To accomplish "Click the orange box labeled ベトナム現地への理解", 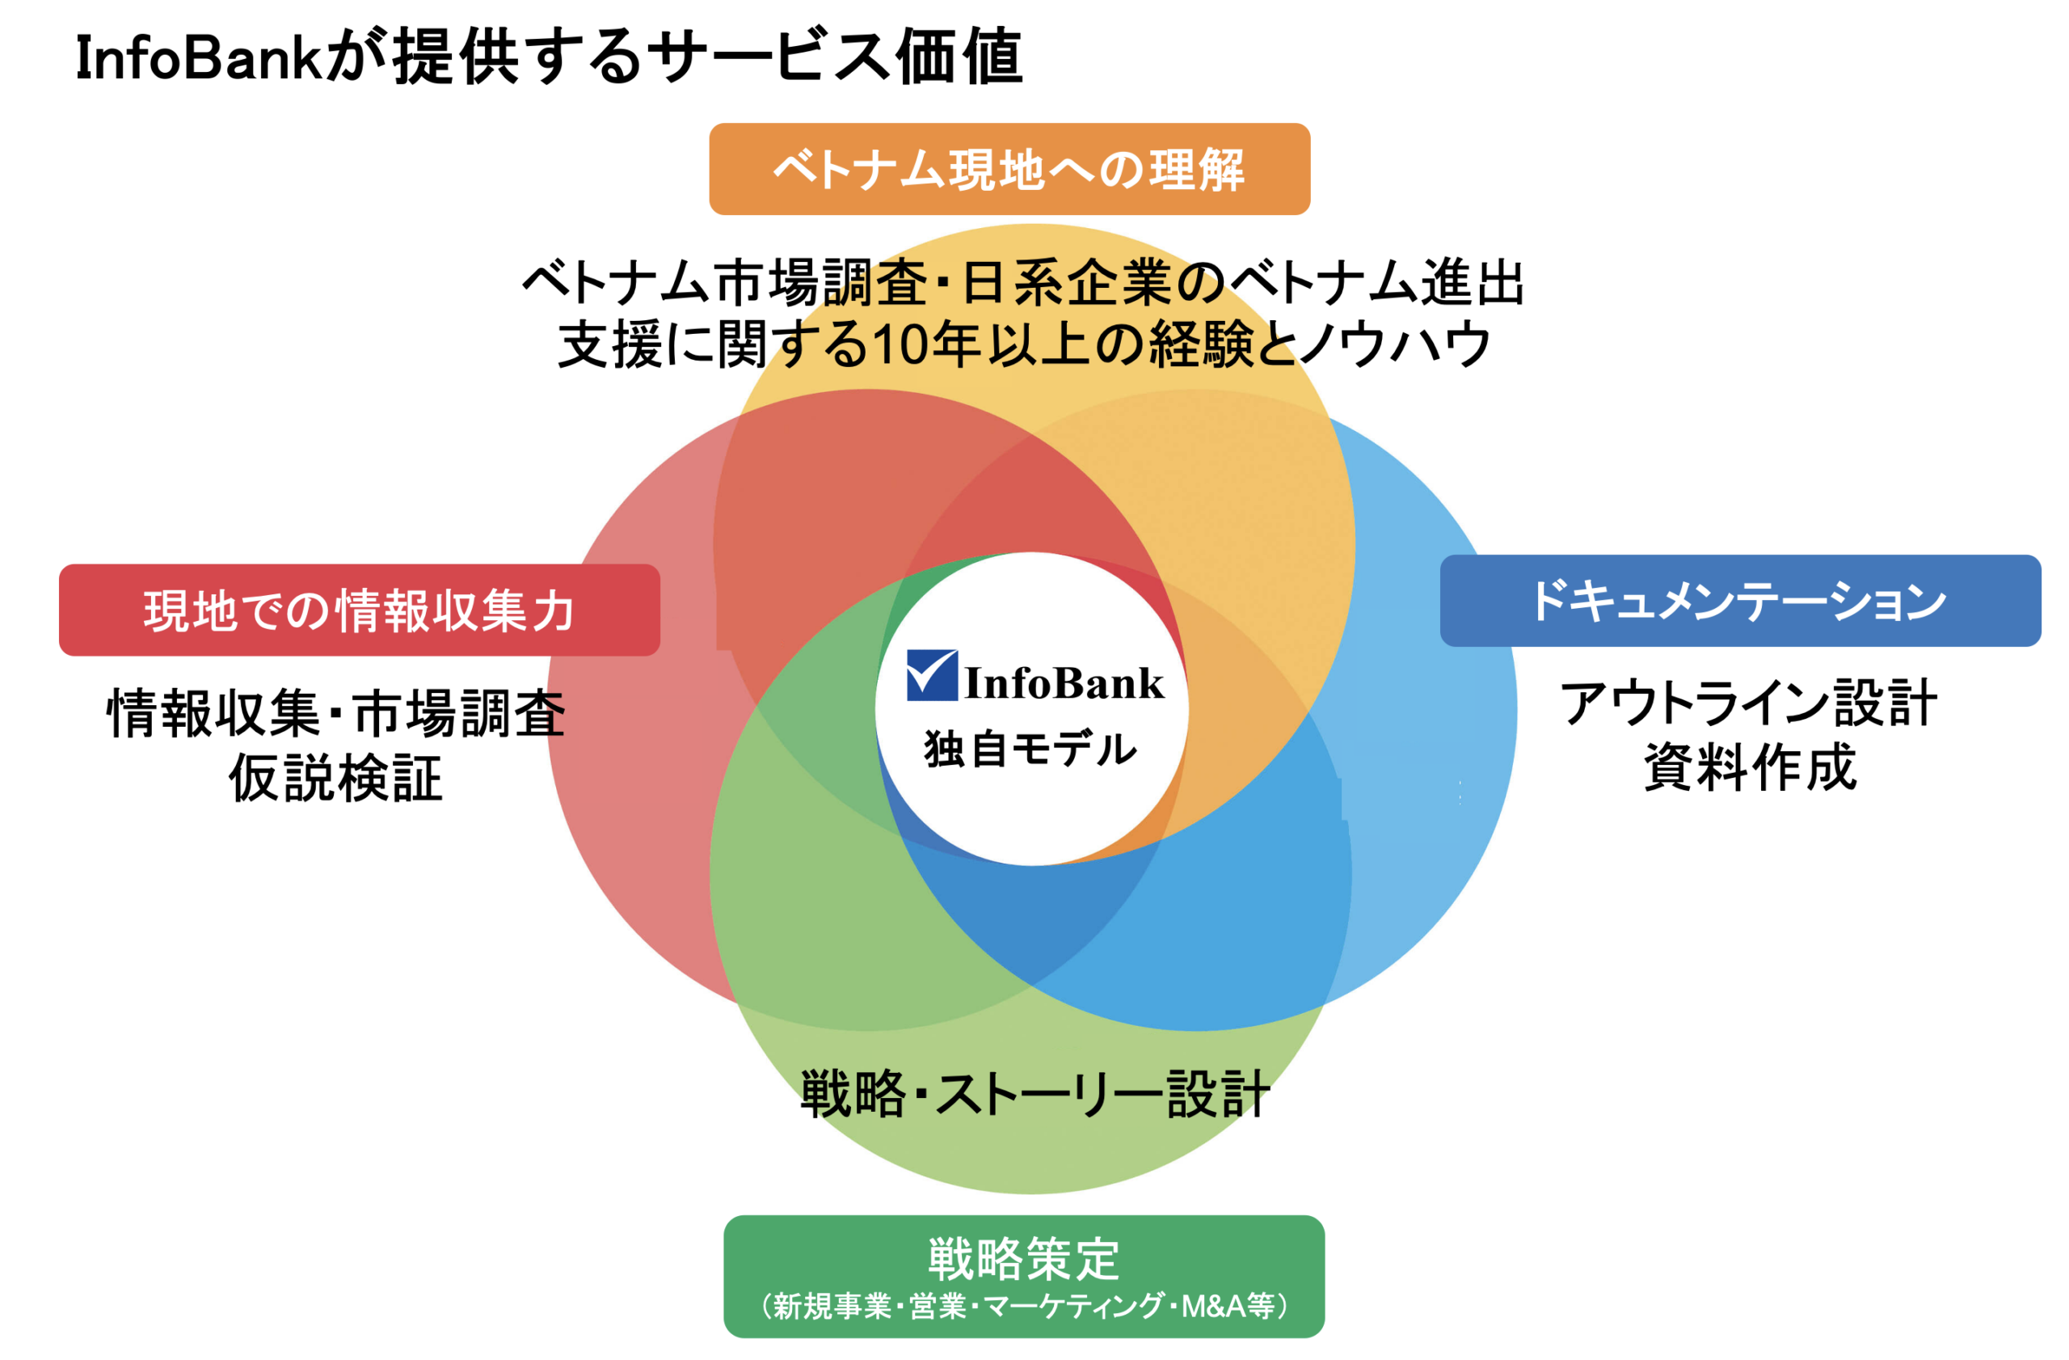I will click(x=1009, y=169).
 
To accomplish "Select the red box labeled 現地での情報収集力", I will click(x=359, y=610).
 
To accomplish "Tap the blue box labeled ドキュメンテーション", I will click(x=1740, y=601).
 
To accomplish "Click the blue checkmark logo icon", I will click(x=931, y=675).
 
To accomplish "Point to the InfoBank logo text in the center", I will click(x=1064, y=683).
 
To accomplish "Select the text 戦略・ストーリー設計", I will click(x=1034, y=1094).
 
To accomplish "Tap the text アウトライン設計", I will click(x=1748, y=704).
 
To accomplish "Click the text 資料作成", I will click(x=1750, y=768).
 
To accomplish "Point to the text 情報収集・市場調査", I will click(x=335, y=714).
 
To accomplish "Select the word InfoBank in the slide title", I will click(x=198, y=59).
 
